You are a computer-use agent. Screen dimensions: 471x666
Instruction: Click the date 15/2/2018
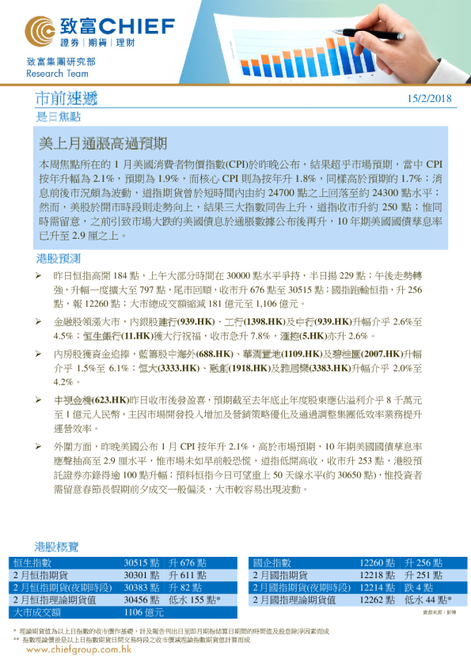(x=428, y=98)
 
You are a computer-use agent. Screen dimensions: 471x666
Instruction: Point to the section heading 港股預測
(x=59, y=259)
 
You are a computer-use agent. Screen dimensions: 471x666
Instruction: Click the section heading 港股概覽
(x=57, y=547)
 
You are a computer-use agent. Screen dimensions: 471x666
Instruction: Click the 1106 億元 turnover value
(x=144, y=612)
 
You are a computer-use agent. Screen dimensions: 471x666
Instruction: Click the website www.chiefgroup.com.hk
(x=78, y=649)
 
